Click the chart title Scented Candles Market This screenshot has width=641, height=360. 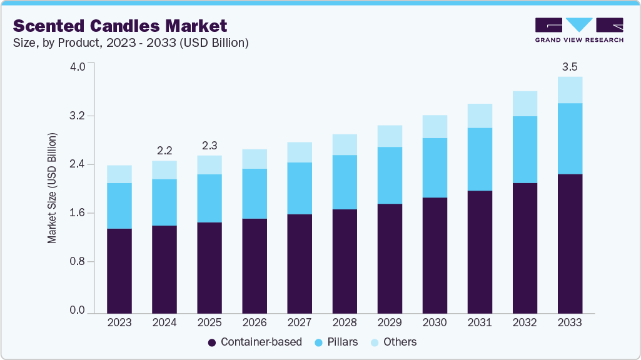click(120, 26)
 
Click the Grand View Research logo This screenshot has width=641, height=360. click(579, 30)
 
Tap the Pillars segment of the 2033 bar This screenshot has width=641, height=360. click(570, 139)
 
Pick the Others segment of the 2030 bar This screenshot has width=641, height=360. click(435, 127)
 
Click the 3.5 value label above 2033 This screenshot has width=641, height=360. click(570, 67)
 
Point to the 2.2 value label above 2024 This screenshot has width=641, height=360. click(164, 150)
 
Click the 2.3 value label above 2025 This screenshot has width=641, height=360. click(209, 145)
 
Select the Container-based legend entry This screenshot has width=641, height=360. click(255, 342)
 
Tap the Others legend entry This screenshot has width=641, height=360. click(393, 342)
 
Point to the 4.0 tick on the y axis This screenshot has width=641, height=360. click(78, 67)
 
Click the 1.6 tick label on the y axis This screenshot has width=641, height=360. click(78, 213)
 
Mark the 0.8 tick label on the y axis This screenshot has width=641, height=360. click(78, 261)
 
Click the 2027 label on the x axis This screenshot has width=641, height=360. click(300, 323)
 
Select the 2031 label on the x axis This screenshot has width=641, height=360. click(480, 323)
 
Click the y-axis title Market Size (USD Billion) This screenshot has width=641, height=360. click(53, 188)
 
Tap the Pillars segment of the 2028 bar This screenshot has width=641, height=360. click(345, 182)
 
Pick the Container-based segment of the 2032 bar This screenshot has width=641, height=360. click(525, 248)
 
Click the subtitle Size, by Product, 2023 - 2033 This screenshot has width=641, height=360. click(131, 43)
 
